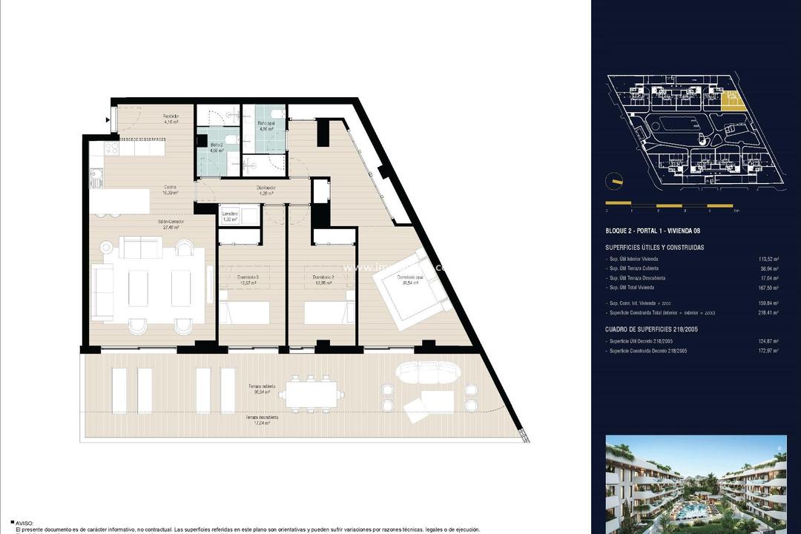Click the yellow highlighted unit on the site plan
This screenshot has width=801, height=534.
730,100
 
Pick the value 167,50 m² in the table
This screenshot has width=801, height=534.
768,288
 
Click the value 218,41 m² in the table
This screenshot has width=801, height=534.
768,313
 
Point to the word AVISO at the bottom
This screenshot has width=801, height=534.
25,523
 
